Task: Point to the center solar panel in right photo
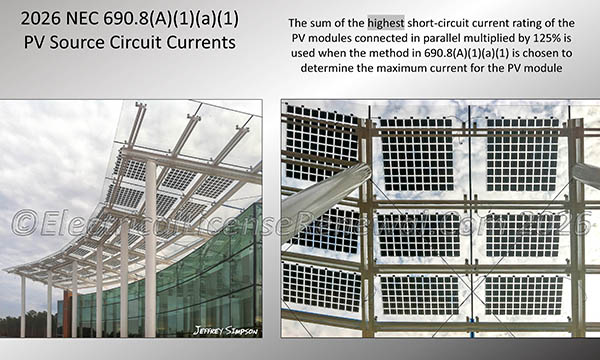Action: [x=419, y=233]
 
